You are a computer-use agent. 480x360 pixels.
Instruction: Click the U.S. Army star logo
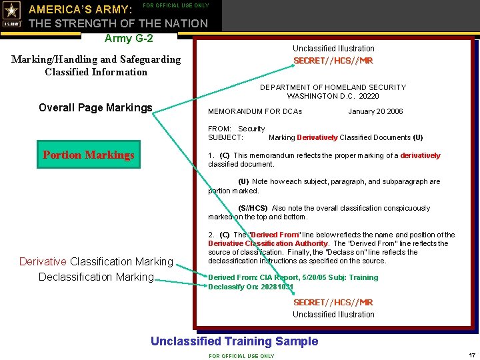[x=12, y=15]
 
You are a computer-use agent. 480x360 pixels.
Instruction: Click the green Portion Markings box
[x=89, y=155]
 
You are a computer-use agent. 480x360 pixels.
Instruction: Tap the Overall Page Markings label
[x=95, y=108]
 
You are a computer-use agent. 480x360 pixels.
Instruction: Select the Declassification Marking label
[x=96, y=277]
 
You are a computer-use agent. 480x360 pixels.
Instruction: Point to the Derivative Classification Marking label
[x=96, y=261]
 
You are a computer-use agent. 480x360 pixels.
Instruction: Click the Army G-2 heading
[x=129, y=38]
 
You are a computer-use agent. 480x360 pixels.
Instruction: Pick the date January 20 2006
[x=375, y=111]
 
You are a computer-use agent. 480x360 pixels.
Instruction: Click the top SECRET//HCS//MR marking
[x=333, y=61]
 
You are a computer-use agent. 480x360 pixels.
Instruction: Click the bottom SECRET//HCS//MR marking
[x=333, y=302]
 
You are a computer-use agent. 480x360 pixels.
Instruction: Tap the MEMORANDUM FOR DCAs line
[x=255, y=111]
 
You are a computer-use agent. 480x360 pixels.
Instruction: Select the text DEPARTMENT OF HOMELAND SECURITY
[x=333, y=87]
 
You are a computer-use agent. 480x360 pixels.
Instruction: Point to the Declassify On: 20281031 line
[x=251, y=287]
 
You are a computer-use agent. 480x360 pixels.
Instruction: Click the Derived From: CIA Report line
[x=293, y=277]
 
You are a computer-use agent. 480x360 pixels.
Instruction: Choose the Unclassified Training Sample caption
[x=234, y=341]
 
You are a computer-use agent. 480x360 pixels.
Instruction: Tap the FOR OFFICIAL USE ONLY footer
[x=241, y=356]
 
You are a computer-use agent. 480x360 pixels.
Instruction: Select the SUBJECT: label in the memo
[x=225, y=137]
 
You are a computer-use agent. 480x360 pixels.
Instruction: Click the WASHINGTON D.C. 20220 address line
[x=333, y=96]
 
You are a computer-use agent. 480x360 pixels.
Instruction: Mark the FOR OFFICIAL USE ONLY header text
[x=176, y=5]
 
